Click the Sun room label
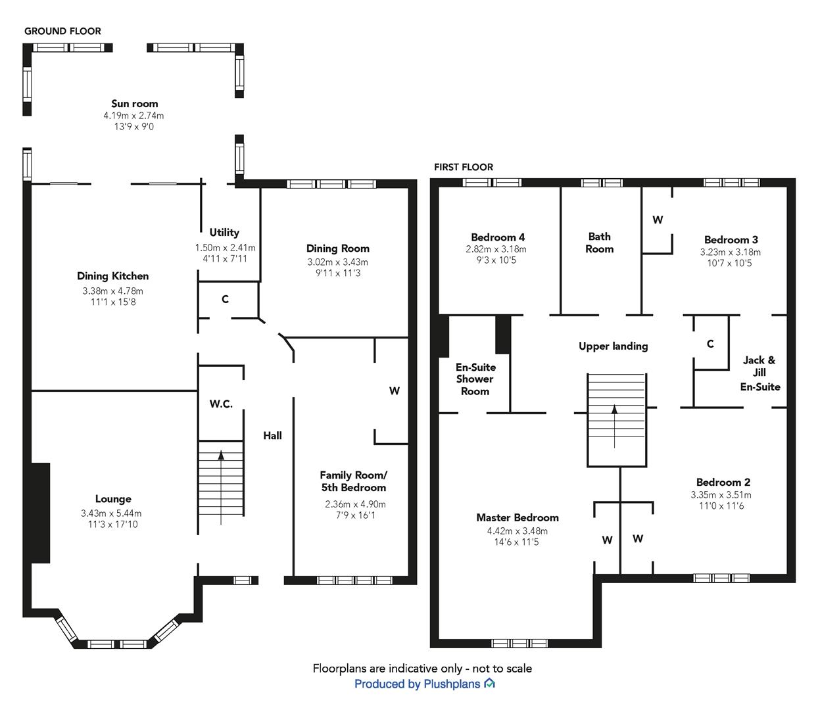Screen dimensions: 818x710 point(134,104)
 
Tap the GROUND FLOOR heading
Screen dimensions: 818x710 point(62,31)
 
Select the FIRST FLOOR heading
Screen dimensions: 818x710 point(464,167)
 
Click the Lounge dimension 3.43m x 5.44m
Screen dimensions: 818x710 point(111,513)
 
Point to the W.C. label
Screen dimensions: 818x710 point(221,404)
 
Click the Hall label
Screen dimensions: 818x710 point(272,435)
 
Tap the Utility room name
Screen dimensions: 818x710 point(224,233)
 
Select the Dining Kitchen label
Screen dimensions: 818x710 point(112,276)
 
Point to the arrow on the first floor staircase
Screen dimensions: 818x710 point(615,426)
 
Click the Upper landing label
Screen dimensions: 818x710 point(613,346)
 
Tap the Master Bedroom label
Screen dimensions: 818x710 point(517,518)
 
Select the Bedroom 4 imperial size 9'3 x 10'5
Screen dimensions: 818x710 point(496,260)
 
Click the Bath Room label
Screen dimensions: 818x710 point(599,243)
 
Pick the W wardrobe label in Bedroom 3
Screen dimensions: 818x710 point(658,220)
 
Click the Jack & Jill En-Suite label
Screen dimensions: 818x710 point(759,373)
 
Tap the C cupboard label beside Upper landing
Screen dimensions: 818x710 point(710,344)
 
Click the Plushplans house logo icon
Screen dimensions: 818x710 point(489,684)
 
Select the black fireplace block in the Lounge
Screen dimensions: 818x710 point(40,513)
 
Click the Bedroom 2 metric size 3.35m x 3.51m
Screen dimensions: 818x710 point(721,495)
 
